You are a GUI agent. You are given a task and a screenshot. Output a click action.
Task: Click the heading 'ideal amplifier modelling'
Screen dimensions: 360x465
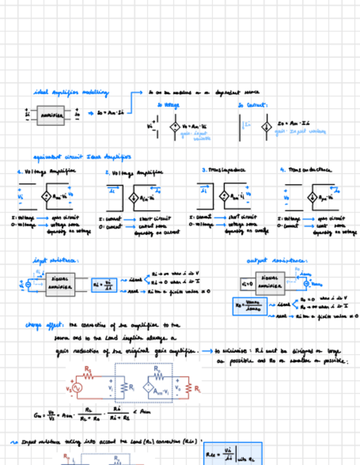(x=71, y=93)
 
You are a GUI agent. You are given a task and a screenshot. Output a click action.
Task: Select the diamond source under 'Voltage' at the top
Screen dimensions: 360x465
(x=173, y=126)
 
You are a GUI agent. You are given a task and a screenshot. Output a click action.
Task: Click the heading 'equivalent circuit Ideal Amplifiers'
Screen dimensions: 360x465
(x=82, y=157)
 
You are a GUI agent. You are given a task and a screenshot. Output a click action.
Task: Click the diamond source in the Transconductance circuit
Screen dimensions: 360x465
(x=311, y=197)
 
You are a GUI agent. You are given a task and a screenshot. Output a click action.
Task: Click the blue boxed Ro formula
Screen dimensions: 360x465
(x=249, y=305)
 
